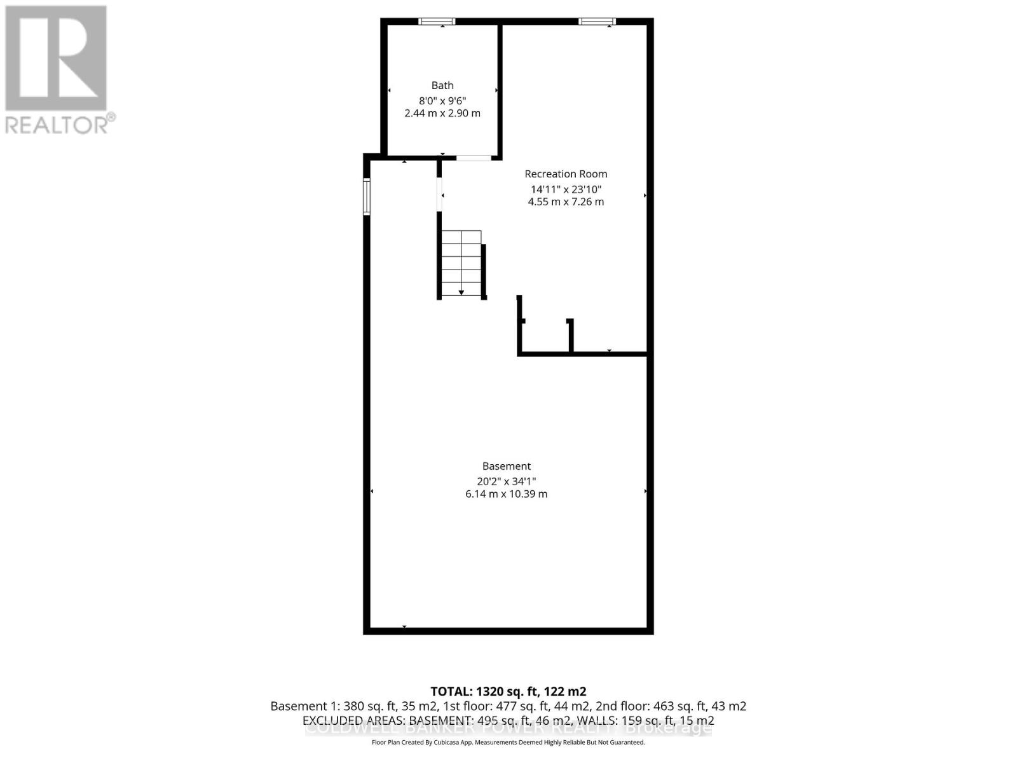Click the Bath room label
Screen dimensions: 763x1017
tap(442, 85)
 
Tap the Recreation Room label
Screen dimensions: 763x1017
tap(566, 174)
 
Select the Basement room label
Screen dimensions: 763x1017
tap(506, 466)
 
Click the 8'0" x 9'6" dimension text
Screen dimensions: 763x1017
tap(442, 100)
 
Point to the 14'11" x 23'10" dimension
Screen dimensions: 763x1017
tap(566, 189)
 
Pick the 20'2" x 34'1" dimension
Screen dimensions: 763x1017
tap(506, 481)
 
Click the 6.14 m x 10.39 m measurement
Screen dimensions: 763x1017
tap(506, 494)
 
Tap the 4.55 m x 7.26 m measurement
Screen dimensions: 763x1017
tap(566, 202)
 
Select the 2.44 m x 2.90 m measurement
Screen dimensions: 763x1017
tap(442, 113)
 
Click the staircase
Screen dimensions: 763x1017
tap(461, 263)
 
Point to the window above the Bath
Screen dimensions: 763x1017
tap(437, 22)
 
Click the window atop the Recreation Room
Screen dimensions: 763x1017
tap(597, 22)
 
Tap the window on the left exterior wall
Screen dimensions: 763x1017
tap(367, 196)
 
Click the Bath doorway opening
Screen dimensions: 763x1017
tap(474, 158)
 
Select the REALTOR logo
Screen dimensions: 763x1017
tap(59, 70)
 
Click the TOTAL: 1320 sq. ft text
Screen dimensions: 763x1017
tap(508, 691)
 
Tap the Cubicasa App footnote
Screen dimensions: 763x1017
tap(508, 743)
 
